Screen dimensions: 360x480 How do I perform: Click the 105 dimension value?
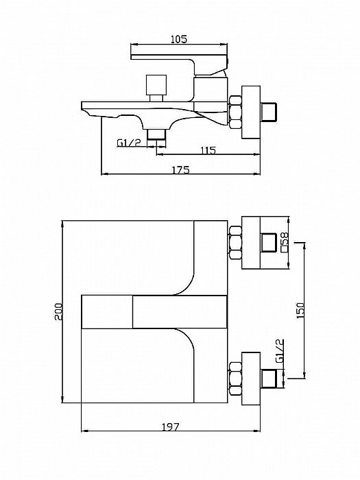tap(179, 39)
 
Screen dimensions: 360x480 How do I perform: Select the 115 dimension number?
tap(208, 150)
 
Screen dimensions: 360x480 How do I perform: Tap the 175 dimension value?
tap(181, 169)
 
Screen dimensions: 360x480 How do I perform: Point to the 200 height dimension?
tap(58, 311)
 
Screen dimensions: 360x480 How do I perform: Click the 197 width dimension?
tap(171, 427)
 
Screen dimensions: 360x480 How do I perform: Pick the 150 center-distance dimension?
tap(300, 310)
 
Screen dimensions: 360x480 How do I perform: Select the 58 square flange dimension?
tap(285, 237)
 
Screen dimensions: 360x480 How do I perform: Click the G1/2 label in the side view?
tap(130, 143)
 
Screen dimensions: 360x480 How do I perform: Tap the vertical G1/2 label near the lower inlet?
tap(280, 351)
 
